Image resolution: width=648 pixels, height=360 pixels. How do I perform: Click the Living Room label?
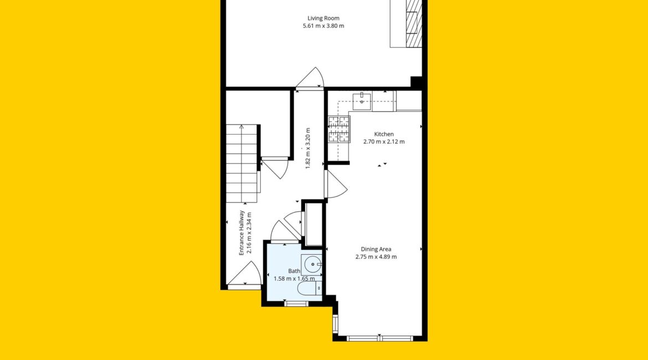pos(323,18)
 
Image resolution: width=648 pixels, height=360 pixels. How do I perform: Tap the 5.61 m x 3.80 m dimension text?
pos(323,25)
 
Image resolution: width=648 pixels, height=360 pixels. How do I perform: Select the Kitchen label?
pos(384,134)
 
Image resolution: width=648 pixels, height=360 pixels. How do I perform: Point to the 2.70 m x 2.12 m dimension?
pos(384,141)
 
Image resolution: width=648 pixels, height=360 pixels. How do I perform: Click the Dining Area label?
pos(376,249)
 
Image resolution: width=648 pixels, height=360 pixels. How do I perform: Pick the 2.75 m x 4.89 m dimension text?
pos(376,256)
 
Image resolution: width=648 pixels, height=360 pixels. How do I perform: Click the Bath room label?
pos(294,271)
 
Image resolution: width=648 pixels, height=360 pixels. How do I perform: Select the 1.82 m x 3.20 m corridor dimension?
pos(307,148)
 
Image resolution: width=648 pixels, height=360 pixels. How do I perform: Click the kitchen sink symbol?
pos(362,102)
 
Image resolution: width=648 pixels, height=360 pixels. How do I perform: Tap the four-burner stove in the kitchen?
pos(340,130)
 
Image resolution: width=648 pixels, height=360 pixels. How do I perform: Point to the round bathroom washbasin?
pos(313,264)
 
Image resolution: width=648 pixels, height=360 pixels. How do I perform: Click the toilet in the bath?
pos(309,289)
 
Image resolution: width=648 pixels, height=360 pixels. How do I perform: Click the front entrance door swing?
pos(245,273)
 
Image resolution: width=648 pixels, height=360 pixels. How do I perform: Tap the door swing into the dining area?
pos(336,184)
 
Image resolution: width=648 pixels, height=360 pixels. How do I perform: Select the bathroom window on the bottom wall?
pos(296,304)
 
